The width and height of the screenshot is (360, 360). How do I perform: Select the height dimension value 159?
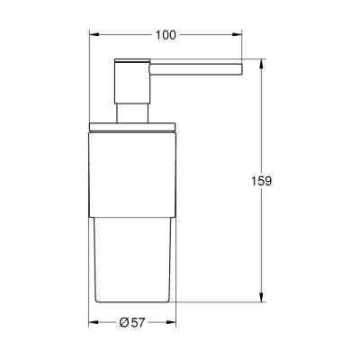click(262, 180)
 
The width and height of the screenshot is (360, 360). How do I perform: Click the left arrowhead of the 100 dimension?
click(92, 34)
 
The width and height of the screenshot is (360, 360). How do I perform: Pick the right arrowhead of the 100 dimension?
click(241, 34)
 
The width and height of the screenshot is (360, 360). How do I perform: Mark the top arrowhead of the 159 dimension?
click(262, 63)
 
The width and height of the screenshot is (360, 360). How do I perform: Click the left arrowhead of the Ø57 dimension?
click(92, 323)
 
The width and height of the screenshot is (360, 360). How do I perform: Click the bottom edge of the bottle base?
click(133, 299)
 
